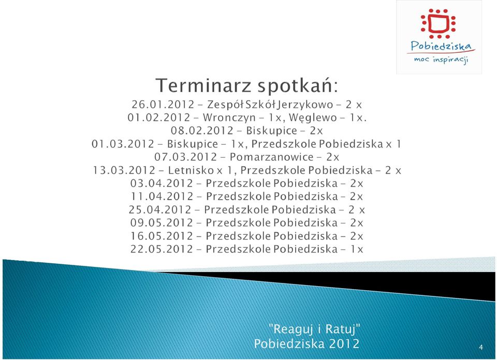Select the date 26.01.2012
pos(163,104)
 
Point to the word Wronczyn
pos(229,117)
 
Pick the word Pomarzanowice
pos(272,157)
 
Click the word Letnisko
pos(191,170)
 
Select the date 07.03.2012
pos(186,157)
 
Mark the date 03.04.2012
pos(162,183)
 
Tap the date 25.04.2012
pos(160,209)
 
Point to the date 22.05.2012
pos(162,249)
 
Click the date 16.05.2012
pos(162,236)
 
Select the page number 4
pos(481,348)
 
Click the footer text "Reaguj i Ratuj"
pos(314,329)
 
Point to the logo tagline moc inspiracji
pos(441,59)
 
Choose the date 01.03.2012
pos(123,144)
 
